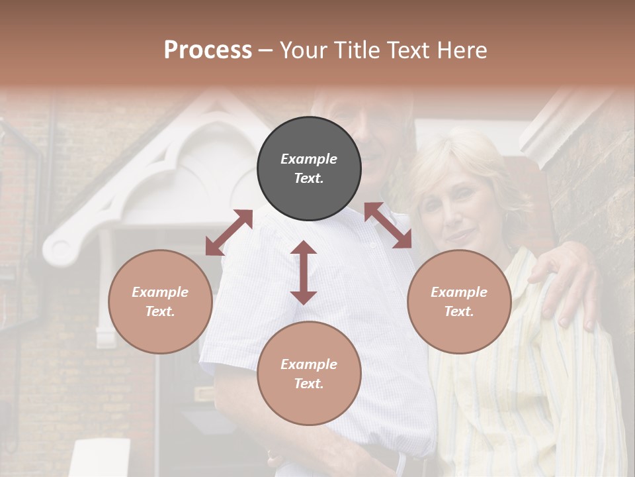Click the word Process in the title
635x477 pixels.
pyautogui.click(x=208, y=50)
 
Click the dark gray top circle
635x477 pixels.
pyautogui.click(x=309, y=168)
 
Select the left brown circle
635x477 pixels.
pyautogui.click(x=160, y=301)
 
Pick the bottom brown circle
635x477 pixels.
pyautogui.click(x=309, y=374)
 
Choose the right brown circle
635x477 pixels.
pyautogui.click(x=459, y=301)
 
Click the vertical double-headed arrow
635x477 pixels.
pyautogui.click(x=304, y=272)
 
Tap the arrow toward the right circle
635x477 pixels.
pyautogui.click(x=388, y=226)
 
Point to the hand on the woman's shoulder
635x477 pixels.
pyautogui.click(x=566, y=278)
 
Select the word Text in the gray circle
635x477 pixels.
pyautogui.click(x=309, y=178)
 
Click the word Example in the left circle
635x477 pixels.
pyautogui.click(x=160, y=291)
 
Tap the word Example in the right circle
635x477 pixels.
pyautogui.click(x=459, y=291)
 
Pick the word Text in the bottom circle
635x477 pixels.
pyautogui.click(x=309, y=384)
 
